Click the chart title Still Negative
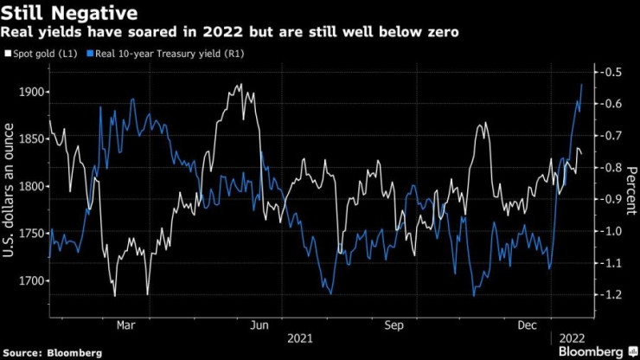[x=69, y=13]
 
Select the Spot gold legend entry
[x=41, y=54]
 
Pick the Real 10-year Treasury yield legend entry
[x=165, y=54]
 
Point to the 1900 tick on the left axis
[x=31, y=92]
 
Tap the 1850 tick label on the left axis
[x=31, y=139]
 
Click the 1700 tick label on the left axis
[x=31, y=280]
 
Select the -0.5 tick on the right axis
[x=611, y=72]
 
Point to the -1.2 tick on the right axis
[x=611, y=294]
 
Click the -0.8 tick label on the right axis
[x=611, y=167]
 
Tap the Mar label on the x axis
[x=125, y=325]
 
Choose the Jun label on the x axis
[x=259, y=325]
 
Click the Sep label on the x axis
[x=394, y=325]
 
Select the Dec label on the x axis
[x=528, y=325]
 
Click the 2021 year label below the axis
[x=300, y=338]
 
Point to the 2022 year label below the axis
[x=572, y=338]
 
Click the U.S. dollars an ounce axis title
[x=8, y=190]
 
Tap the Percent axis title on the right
[x=631, y=190]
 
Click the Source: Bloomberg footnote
[x=52, y=353]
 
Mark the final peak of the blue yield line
[x=582, y=85]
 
